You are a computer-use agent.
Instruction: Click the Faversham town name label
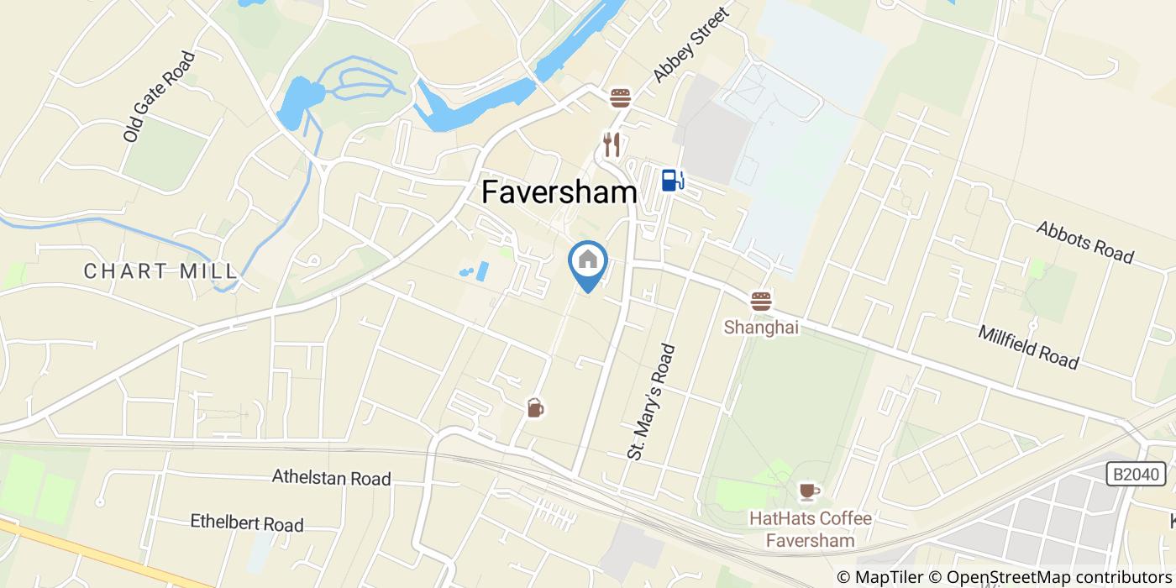click(x=559, y=192)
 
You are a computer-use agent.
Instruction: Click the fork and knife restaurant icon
click(x=612, y=144)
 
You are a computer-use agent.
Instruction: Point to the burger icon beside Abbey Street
click(x=621, y=98)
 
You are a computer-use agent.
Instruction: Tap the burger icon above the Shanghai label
click(x=761, y=302)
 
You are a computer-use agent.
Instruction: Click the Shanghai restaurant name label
click(x=761, y=327)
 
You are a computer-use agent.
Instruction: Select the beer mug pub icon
click(x=535, y=408)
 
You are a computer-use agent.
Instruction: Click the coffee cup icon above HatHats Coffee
click(x=808, y=491)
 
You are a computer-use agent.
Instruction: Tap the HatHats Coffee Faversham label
click(x=810, y=529)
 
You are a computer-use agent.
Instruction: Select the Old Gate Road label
click(x=159, y=96)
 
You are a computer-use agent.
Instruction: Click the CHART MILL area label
click(x=160, y=270)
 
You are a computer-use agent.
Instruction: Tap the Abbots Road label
click(x=1084, y=242)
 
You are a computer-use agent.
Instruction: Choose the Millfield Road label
click(x=1027, y=347)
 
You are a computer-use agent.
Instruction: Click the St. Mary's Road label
click(x=651, y=401)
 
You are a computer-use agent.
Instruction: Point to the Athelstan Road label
click(x=331, y=478)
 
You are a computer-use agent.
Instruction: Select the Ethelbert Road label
click(x=246, y=522)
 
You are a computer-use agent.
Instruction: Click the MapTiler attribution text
click(x=888, y=577)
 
